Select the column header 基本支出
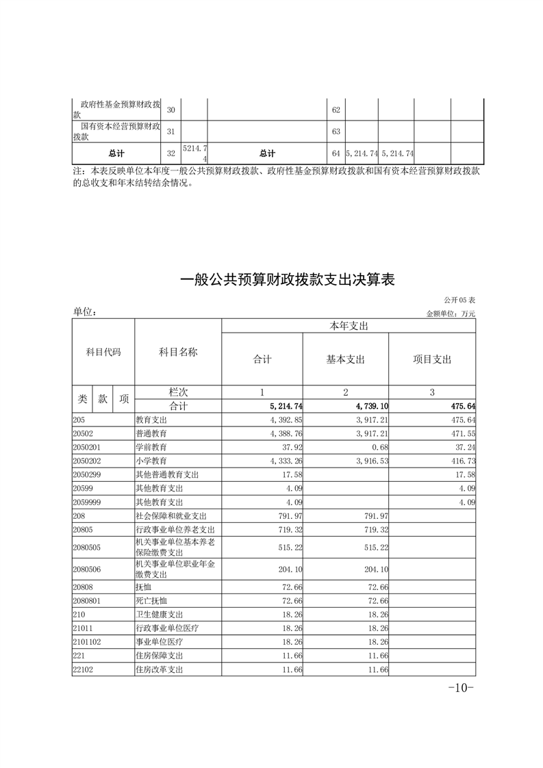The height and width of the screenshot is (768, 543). (345, 359)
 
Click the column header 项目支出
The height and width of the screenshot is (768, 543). (432, 359)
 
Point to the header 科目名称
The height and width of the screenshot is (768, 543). (178, 352)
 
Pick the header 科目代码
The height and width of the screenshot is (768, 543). (103, 352)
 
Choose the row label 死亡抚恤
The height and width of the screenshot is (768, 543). (151, 600)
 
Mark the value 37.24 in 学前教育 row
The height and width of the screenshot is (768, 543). (464, 447)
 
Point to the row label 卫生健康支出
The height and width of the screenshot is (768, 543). (160, 614)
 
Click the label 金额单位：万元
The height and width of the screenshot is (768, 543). (451, 313)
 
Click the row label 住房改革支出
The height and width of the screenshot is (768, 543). (160, 669)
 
